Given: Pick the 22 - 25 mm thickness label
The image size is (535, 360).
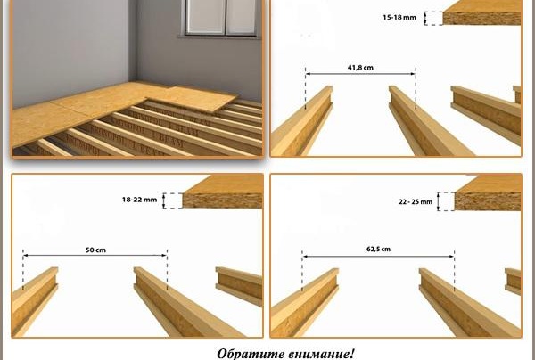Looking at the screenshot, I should click(x=415, y=202).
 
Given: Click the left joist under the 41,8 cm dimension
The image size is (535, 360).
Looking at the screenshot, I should click(x=303, y=125).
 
